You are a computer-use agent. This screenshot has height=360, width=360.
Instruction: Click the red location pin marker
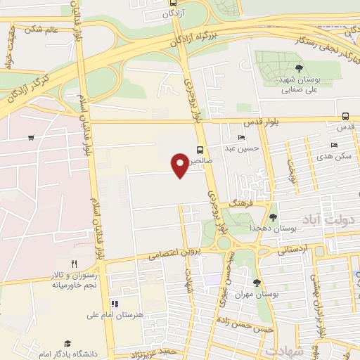(x=179, y=165)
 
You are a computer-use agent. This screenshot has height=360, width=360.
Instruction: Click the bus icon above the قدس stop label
(x=345, y=117)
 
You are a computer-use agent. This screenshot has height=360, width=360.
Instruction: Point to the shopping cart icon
(x=31, y=137)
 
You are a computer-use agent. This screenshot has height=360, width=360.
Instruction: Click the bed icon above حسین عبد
(x=242, y=138)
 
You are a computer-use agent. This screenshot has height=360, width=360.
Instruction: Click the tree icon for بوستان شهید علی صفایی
(x=300, y=68)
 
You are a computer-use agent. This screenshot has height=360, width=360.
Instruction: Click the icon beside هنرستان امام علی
(x=113, y=304)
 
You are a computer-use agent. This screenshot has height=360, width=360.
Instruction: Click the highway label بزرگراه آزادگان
(x=187, y=33)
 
